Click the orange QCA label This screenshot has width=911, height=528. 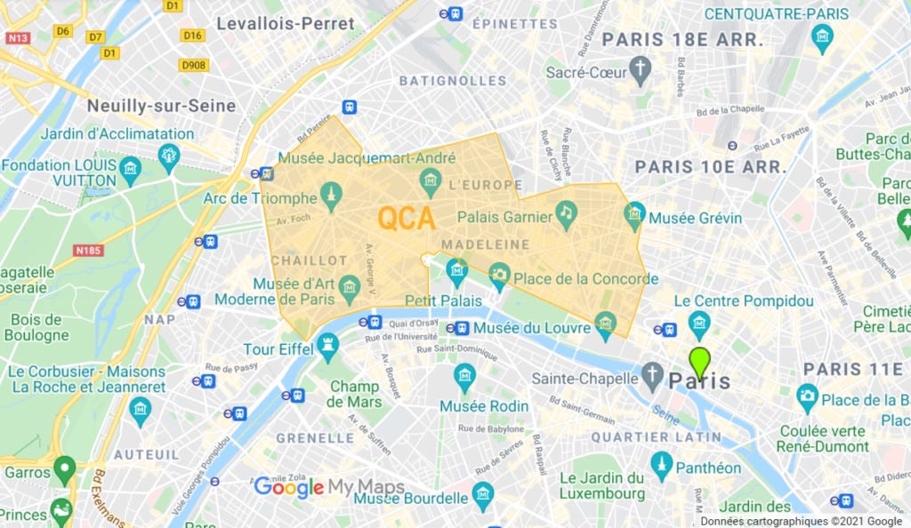click(407, 219)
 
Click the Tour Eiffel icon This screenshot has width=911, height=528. click(328, 343)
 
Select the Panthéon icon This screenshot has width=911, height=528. click(661, 463)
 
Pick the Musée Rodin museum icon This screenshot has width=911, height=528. click(464, 377)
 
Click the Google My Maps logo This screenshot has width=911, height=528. click(329, 487)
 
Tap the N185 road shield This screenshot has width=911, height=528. click(89, 251)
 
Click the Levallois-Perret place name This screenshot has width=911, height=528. click(286, 24)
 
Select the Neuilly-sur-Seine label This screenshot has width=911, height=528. click(161, 106)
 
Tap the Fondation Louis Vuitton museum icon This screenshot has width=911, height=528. click(131, 169)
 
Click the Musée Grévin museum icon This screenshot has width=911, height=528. click(634, 214)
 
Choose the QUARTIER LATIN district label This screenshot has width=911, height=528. click(657, 436)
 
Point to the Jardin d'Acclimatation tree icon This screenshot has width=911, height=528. click(169, 157)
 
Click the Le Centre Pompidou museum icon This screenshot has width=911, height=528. click(699, 322)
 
